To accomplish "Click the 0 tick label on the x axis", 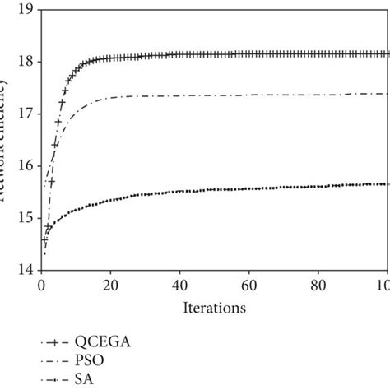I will pyautogui.click(x=40, y=286).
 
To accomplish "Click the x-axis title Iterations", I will pyautogui.click(x=215, y=309).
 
